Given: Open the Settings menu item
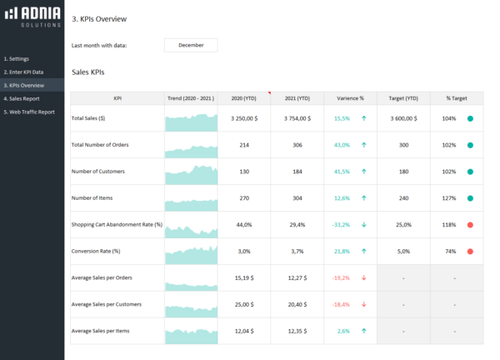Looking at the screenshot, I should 17,59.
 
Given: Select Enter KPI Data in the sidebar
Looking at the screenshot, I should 24,72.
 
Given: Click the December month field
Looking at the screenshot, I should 191,45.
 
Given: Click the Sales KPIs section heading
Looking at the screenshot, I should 88,73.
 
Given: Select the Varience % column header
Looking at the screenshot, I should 350,98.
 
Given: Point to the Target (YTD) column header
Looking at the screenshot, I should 402,98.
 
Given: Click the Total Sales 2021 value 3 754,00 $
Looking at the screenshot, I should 297,118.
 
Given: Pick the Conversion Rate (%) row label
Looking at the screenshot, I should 97,251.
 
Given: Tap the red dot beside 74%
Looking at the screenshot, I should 471,252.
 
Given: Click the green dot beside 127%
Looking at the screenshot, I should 471,198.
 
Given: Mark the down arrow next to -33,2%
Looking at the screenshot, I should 364,225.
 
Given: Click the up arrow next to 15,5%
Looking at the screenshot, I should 364,118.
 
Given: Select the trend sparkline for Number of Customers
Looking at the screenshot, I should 191,172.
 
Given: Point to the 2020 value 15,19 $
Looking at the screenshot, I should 244,278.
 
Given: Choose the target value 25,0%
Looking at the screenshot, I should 403,225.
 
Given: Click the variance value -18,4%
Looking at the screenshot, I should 342,305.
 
